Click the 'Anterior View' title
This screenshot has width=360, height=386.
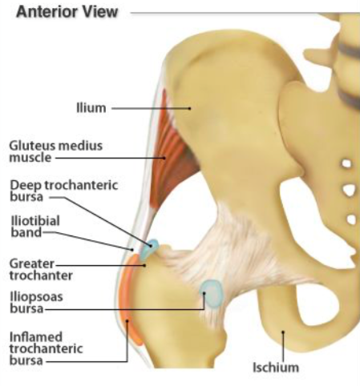point(67,12)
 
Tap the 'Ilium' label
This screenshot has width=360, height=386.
point(91,108)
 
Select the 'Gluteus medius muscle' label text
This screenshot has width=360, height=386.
point(56,151)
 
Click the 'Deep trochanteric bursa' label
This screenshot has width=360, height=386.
point(64,191)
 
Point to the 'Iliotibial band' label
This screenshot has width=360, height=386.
point(35,227)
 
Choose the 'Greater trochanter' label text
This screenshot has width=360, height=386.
point(41,270)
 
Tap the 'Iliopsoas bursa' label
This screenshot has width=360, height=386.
point(36,303)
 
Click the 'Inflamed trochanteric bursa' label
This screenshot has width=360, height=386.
point(46,348)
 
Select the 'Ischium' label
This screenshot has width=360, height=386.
point(276,368)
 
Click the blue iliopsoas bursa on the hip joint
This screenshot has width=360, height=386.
point(212,294)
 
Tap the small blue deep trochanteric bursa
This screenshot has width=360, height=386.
point(149,250)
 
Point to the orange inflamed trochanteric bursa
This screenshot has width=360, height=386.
point(130,299)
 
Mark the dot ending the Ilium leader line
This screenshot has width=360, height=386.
point(190,108)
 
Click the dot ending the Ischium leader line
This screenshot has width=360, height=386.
point(283,332)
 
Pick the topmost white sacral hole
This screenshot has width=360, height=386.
point(346,163)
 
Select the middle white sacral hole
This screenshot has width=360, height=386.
point(349,190)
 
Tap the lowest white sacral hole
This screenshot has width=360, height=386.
point(352,219)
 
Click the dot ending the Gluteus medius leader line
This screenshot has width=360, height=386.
point(164,158)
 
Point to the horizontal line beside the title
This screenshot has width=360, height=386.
point(245,13)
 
